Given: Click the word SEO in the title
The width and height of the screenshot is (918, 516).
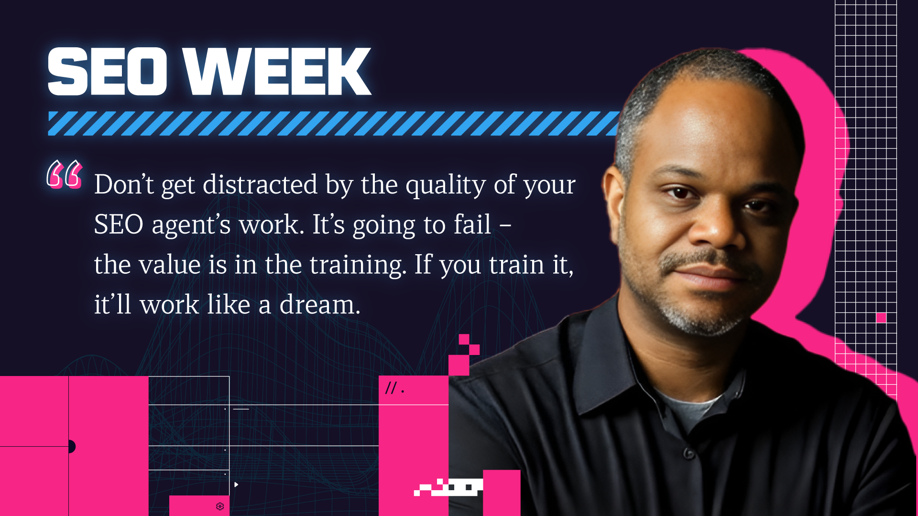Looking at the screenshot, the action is [x=107, y=71].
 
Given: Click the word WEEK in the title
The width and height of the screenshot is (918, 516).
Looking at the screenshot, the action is [x=278, y=71].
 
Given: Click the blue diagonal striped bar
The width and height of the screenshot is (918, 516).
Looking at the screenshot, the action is [x=334, y=124].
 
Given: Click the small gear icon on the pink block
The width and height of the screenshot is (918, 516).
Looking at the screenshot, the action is [x=220, y=506].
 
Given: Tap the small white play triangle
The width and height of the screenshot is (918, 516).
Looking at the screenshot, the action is [x=236, y=484].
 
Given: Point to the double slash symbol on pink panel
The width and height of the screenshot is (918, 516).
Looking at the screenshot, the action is [x=391, y=388].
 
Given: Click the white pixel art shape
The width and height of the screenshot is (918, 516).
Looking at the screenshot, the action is [x=448, y=487].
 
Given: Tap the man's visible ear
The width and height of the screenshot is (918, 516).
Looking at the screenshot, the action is [x=613, y=201].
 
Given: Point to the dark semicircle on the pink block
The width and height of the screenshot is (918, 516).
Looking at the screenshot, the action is [x=72, y=447].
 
